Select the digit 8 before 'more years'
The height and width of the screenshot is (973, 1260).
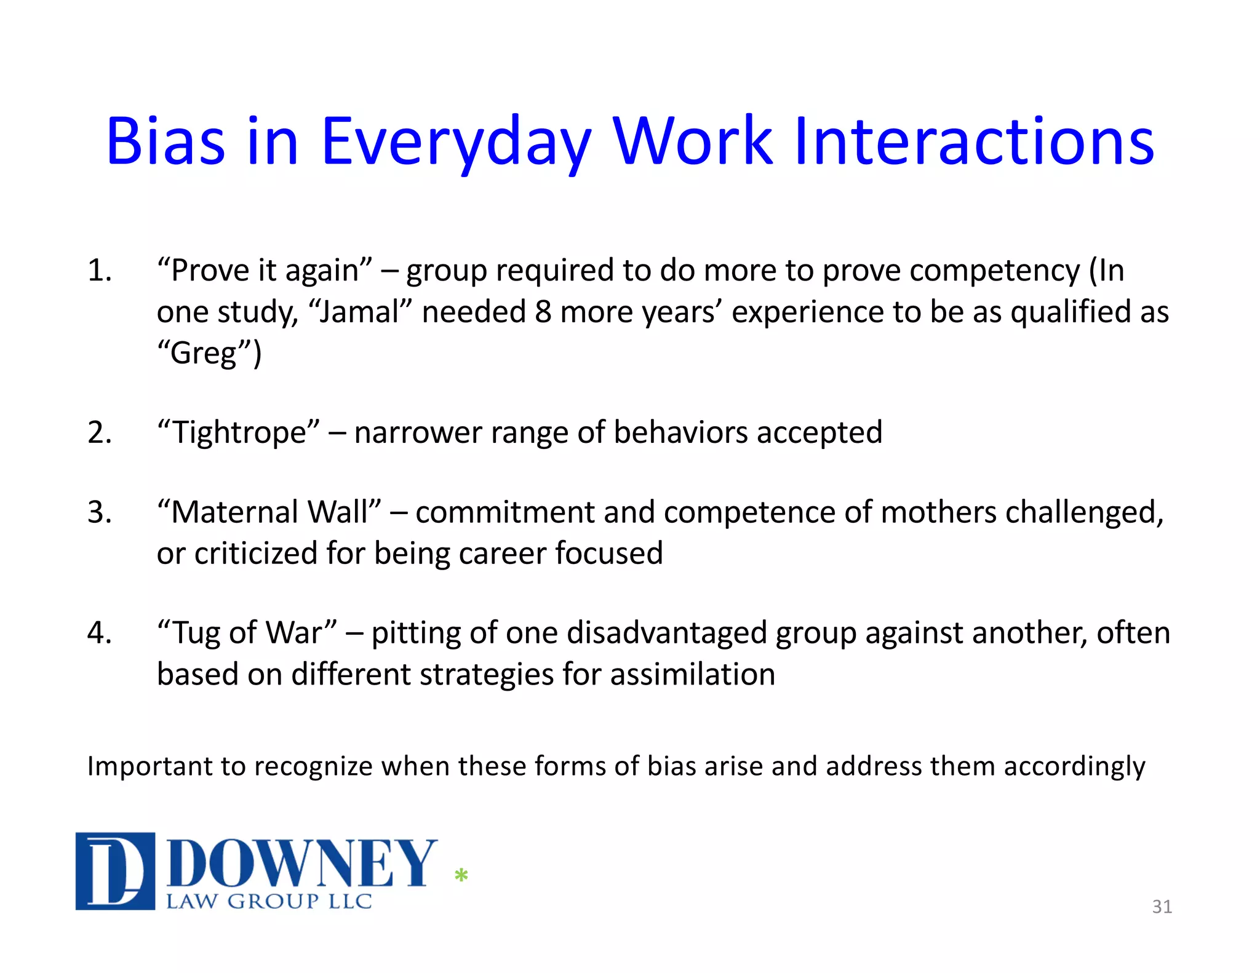tap(543, 312)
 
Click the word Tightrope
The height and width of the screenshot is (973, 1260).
tap(239, 432)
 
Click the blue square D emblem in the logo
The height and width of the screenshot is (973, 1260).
tap(115, 871)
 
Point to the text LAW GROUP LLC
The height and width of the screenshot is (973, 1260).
tap(269, 902)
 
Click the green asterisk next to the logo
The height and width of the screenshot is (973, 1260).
tap(461, 875)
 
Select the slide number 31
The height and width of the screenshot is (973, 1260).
tap(1162, 907)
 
